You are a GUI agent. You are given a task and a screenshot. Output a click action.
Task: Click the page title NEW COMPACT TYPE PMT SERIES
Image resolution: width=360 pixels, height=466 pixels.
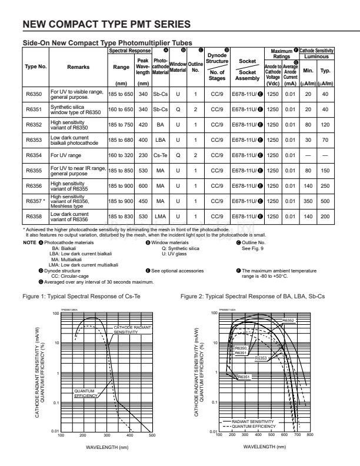point(106,24)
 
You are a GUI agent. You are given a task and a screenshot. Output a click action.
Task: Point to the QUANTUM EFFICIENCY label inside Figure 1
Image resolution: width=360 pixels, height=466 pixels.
point(86,393)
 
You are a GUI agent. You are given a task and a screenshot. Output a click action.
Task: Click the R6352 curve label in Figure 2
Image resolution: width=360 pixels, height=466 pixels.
point(288,321)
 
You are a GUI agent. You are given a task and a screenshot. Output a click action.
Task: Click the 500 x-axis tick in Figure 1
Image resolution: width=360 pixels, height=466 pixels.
point(152,452)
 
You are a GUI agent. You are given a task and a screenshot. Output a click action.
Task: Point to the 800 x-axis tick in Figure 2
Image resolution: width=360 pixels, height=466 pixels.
point(310,452)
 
